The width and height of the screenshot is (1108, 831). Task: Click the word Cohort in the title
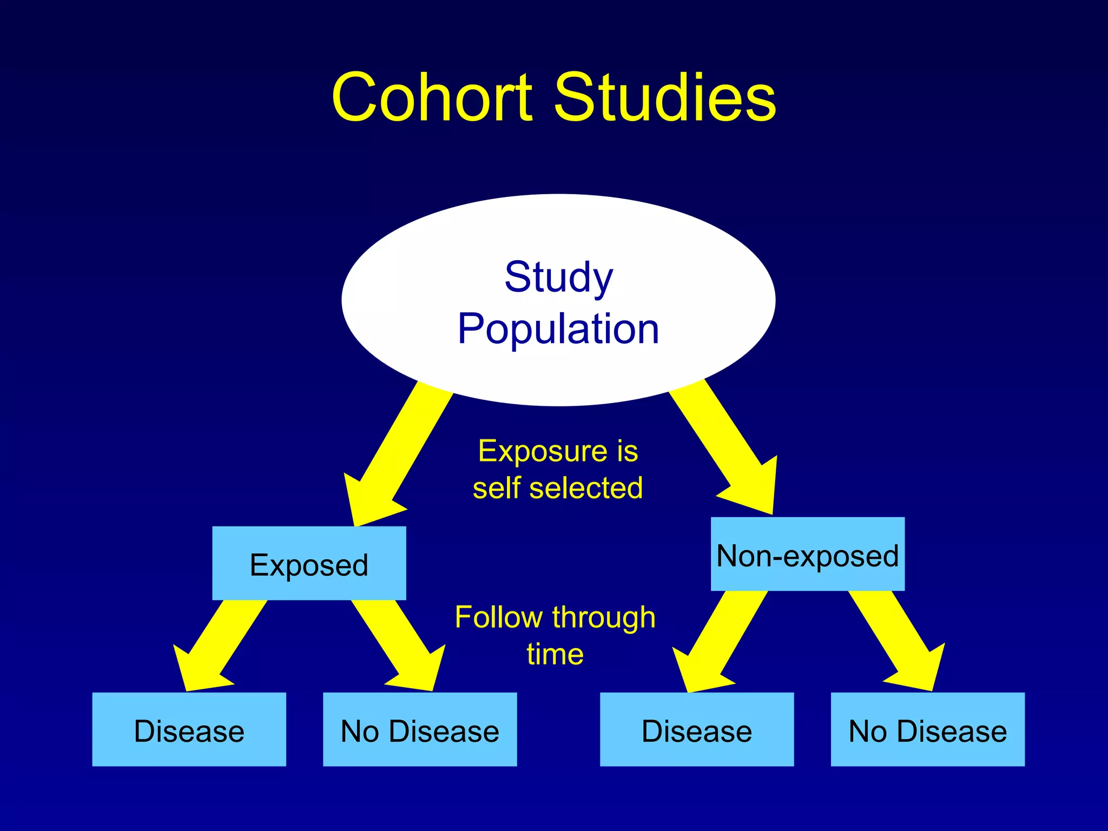tap(433, 98)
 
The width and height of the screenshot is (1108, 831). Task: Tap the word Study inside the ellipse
tap(559, 277)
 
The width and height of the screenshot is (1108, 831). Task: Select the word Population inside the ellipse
tap(558, 329)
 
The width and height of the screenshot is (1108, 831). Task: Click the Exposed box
tap(309, 564)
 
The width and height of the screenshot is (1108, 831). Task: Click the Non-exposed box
tap(807, 555)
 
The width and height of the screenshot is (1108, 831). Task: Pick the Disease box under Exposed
tap(189, 729)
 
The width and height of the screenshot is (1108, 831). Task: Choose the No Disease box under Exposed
tap(420, 729)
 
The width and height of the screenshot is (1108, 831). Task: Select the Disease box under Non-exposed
tap(697, 729)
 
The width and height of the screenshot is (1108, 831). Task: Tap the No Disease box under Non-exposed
tap(927, 729)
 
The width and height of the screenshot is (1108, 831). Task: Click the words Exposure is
tap(558, 451)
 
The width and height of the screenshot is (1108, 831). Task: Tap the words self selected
tap(558, 488)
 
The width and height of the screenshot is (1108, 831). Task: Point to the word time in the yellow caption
tap(555, 654)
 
